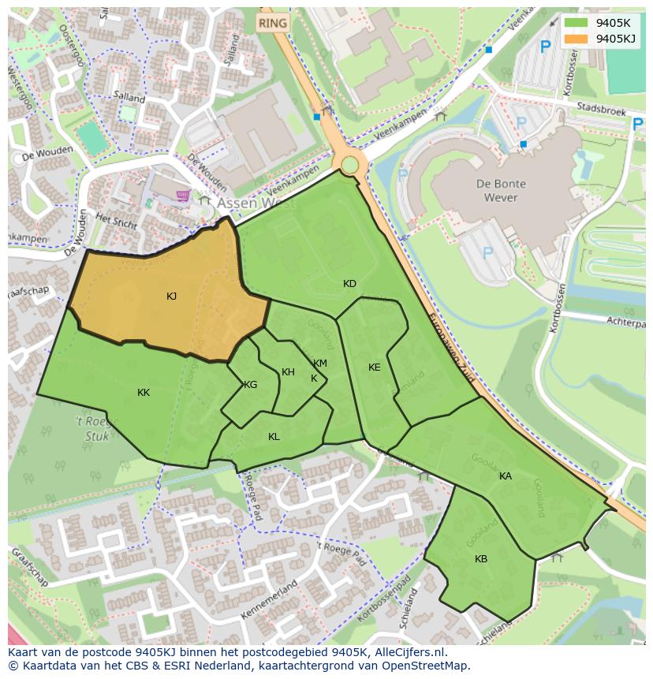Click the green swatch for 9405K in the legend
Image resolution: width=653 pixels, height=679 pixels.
pyautogui.click(x=577, y=23)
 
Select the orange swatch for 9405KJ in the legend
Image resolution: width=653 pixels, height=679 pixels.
pyautogui.click(x=577, y=39)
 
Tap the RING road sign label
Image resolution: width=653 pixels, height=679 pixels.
pyautogui.click(x=273, y=23)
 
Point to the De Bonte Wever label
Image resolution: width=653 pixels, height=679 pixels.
pyautogui.click(x=501, y=190)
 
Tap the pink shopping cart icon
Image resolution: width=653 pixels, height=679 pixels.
pyautogui.click(x=183, y=195)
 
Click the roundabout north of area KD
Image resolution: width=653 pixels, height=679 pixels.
pyautogui.click(x=349, y=164)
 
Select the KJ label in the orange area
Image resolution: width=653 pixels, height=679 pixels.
pyautogui.click(x=171, y=297)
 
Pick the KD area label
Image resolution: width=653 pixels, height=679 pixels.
pyautogui.click(x=349, y=284)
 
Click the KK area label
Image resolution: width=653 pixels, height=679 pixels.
pyautogui.click(x=144, y=393)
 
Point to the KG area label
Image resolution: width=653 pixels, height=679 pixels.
pyautogui.click(x=250, y=385)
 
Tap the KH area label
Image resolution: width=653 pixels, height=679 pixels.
pyautogui.click(x=288, y=372)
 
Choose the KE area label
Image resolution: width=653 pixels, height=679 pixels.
pyautogui.click(x=374, y=367)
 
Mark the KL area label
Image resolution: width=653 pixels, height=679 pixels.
pyautogui.click(x=274, y=437)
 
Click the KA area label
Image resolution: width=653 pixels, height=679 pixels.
pyautogui.click(x=505, y=476)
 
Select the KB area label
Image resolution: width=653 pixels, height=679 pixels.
pyautogui.click(x=480, y=559)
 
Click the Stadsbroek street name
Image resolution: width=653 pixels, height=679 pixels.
pyautogui.click(x=601, y=108)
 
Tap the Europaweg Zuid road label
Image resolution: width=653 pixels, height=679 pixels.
pyautogui.click(x=451, y=348)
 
